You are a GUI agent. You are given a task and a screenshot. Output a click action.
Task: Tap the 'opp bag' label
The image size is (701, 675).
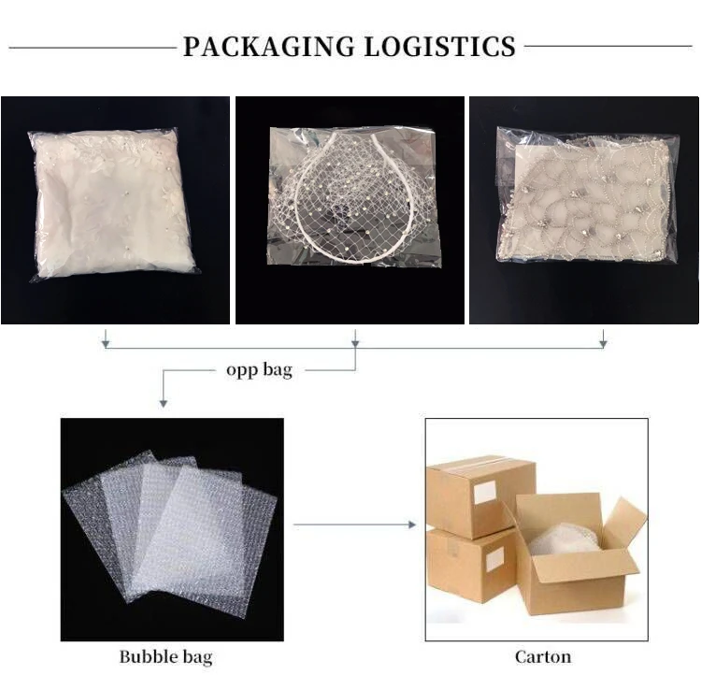[259, 370]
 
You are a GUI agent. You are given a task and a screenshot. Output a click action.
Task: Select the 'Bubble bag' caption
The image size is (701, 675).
[165, 656]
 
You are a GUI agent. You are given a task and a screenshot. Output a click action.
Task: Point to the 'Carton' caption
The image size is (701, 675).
[542, 656]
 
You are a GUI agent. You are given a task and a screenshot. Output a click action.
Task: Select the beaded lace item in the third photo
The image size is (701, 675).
[587, 198]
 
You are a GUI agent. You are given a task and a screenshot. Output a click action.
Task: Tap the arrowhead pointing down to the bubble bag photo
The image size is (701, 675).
[164, 403]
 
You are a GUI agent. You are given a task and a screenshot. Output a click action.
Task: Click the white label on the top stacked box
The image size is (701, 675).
[484, 493]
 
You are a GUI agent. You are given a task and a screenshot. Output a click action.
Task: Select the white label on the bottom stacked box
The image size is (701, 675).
[494, 558]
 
